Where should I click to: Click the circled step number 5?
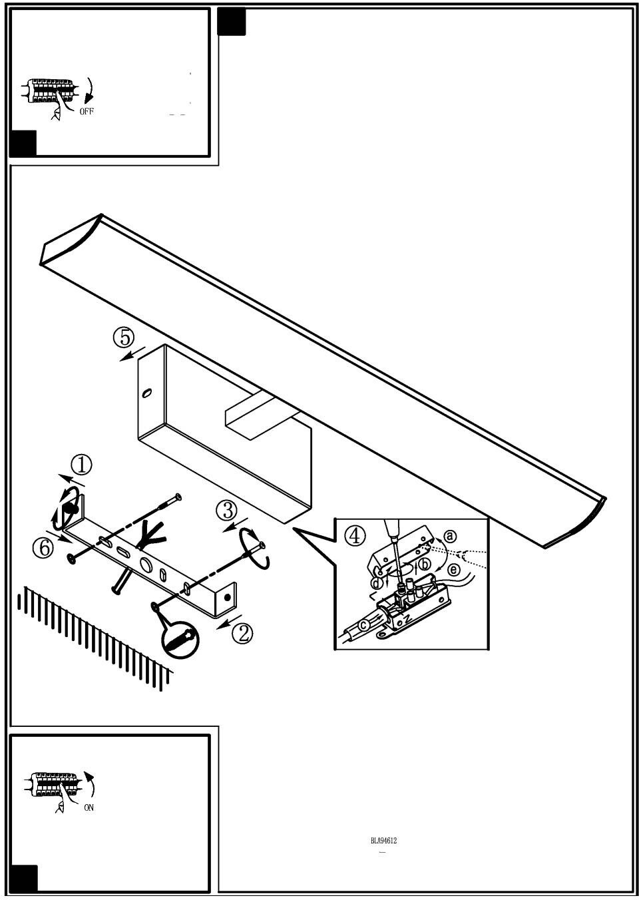124,338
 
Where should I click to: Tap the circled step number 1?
81,465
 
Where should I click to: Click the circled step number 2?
242,632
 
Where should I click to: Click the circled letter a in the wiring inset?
450,536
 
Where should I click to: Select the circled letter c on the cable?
364,624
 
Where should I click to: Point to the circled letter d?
377,584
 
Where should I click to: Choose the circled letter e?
453,570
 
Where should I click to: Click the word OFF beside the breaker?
87,112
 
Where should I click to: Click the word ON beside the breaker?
89,807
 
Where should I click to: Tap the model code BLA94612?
383,841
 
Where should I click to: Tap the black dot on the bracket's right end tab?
229,596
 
